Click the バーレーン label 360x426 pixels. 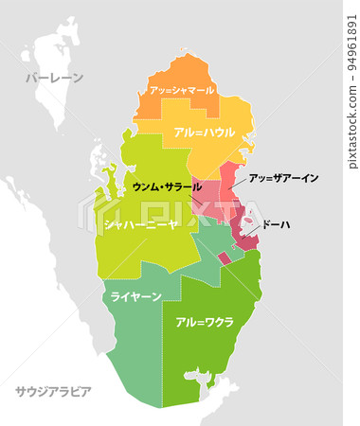pyautogui.click(x=53, y=78)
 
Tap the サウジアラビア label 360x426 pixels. pyautogui.click(x=53, y=390)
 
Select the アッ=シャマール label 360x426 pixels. pyautogui.click(x=180, y=90)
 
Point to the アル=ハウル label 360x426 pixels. pyautogui.click(x=203, y=133)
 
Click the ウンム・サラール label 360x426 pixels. pyautogui.click(x=166, y=187)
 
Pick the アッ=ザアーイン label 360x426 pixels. pyautogui.click(x=283, y=178)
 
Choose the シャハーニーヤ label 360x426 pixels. pyautogui.click(x=140, y=225)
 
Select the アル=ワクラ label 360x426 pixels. pyautogui.click(x=205, y=323)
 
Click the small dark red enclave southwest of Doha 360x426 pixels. pyautogui.click(x=224, y=257)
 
